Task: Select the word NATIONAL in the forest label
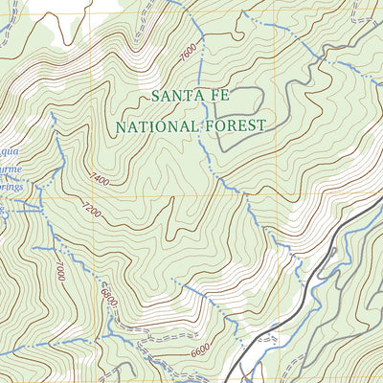point(157,125)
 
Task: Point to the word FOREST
point(233,125)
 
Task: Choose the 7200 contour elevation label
point(91,208)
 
